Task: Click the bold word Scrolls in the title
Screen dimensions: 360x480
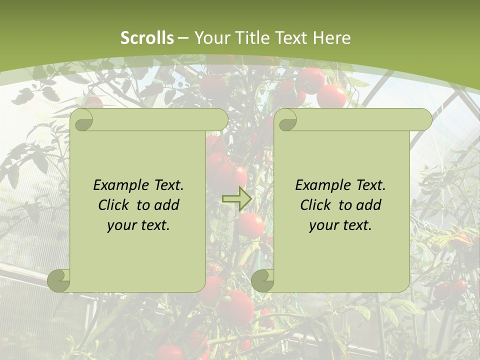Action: click(147, 38)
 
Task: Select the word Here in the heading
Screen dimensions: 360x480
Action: click(331, 38)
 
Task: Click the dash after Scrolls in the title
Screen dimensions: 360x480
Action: click(183, 38)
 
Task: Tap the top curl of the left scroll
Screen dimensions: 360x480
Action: click(82, 120)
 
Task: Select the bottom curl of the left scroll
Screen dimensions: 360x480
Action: click(59, 280)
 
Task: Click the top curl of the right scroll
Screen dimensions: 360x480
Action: click(286, 120)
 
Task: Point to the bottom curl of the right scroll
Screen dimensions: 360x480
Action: click(262, 280)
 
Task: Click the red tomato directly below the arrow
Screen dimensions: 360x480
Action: click(250, 225)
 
